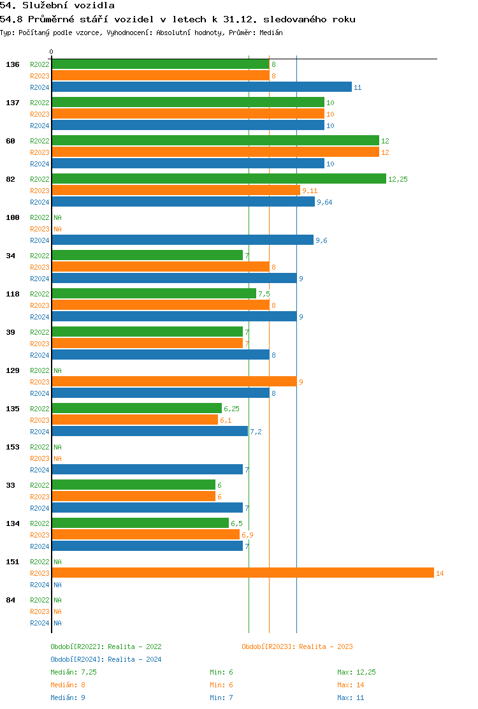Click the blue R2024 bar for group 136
coord(201,87)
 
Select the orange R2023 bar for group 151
coord(242,573)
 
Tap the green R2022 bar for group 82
coord(219,179)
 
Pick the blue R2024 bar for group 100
coord(182,240)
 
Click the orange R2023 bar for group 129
coord(174,382)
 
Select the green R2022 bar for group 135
coord(136,409)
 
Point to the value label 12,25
coord(398,179)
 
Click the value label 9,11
coord(310,191)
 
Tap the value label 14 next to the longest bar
coord(440,573)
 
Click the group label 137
coord(13,103)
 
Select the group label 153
coord(13,447)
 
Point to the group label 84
coord(11,600)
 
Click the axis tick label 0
coord(52,52)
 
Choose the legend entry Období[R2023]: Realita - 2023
coord(297,647)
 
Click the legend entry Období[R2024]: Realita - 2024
coord(106,659)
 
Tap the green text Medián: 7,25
coord(73,672)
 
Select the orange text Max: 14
coord(351,685)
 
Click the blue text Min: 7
coord(221,698)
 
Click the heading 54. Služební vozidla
coord(57,6)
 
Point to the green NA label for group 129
coord(57,370)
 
